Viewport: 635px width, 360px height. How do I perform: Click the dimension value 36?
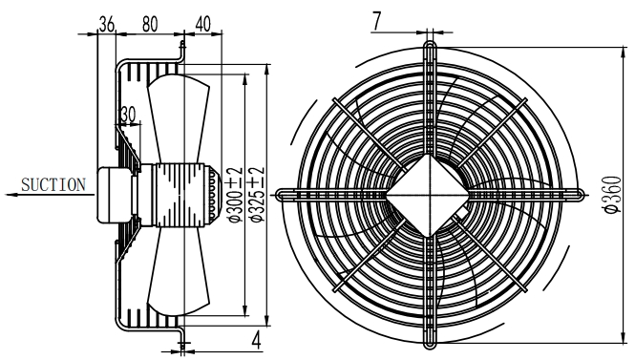coord(107,24)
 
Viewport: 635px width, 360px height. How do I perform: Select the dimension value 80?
coord(150,24)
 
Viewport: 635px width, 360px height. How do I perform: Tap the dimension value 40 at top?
coord(202,24)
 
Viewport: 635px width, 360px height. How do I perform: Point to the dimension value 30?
coord(128,115)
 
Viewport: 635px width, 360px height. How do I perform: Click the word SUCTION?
coord(53,185)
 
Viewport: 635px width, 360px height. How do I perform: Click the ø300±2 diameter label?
coord(236,195)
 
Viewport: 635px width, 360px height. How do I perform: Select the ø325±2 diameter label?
coord(258,195)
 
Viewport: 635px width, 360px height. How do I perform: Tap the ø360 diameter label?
coord(612,195)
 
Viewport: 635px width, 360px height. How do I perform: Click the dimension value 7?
coord(376,21)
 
